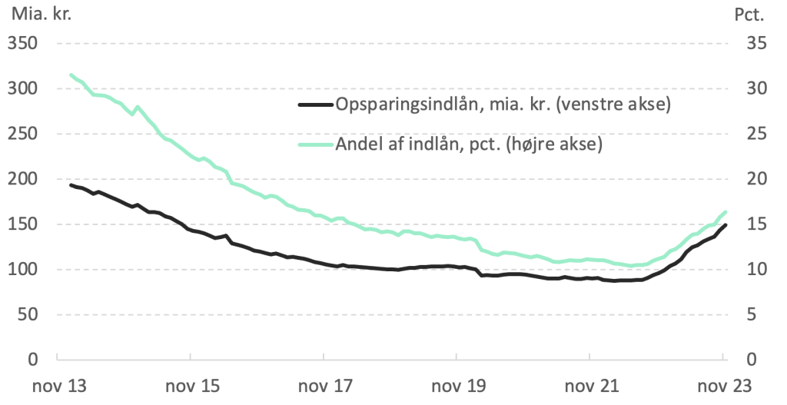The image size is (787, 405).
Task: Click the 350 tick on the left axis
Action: coord(24,44)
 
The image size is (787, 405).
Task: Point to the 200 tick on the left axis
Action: coord(24,179)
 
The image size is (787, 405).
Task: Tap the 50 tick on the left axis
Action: coord(28,314)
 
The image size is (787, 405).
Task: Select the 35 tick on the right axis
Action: coord(756,44)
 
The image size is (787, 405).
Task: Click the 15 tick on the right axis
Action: coord(756,224)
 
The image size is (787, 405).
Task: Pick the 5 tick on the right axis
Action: coord(752,314)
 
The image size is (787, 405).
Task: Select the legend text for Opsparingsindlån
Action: coord(503,105)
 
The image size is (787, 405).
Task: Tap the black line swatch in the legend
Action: coord(315,105)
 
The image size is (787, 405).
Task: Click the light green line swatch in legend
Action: coord(315,144)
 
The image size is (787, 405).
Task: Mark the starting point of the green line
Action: coord(71,75)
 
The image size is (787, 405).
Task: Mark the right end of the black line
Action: coord(726,225)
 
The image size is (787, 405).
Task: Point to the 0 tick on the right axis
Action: coord(752,360)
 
